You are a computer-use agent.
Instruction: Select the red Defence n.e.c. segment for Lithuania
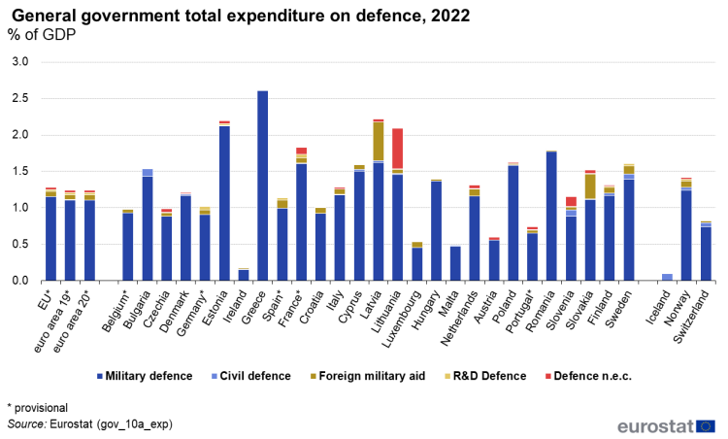click(x=398, y=149)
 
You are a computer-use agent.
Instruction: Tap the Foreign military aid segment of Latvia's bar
click(x=379, y=142)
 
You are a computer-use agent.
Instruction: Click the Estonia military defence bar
click(x=224, y=203)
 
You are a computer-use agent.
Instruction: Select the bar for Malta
click(x=455, y=263)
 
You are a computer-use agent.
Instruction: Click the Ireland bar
click(x=244, y=275)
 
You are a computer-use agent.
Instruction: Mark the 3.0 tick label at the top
click(x=21, y=63)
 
